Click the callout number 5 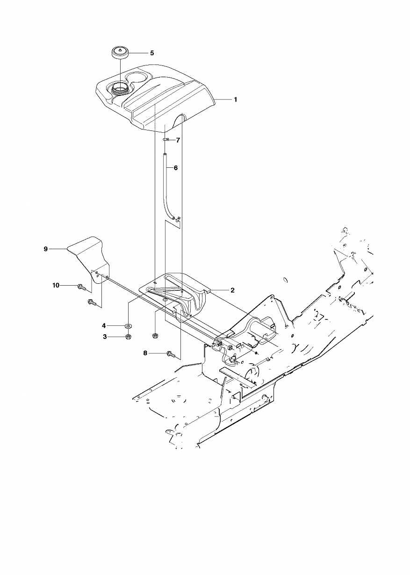(x=152, y=53)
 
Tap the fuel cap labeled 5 (x=120, y=53)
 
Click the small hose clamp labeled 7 (x=165, y=140)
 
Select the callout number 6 (x=176, y=168)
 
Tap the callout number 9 (x=46, y=249)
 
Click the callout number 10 (x=56, y=285)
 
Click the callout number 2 (x=232, y=290)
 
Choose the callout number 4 (x=104, y=326)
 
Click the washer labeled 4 (x=128, y=326)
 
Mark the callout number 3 (x=105, y=337)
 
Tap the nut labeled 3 (x=128, y=337)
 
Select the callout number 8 (x=145, y=353)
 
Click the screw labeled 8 (x=171, y=354)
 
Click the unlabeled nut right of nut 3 (x=155, y=335)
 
